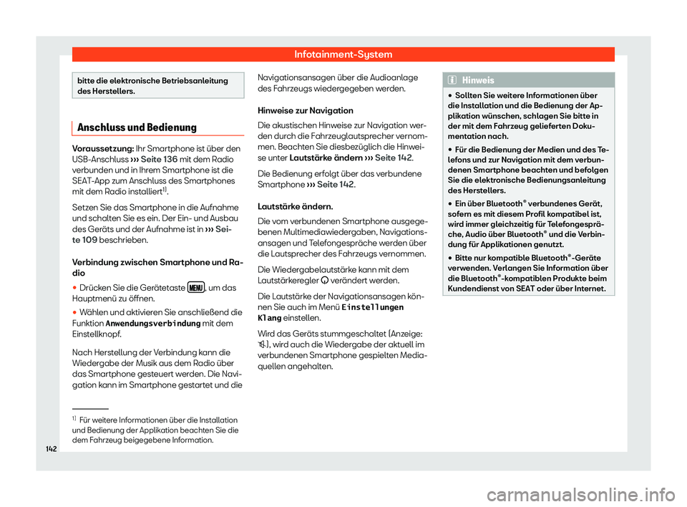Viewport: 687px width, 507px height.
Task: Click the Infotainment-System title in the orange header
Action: coord(343,54)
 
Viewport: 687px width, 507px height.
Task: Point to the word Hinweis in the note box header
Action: coord(477,80)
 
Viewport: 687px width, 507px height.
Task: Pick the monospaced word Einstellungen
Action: coord(374,306)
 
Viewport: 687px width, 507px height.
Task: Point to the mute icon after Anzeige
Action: coord(261,344)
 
